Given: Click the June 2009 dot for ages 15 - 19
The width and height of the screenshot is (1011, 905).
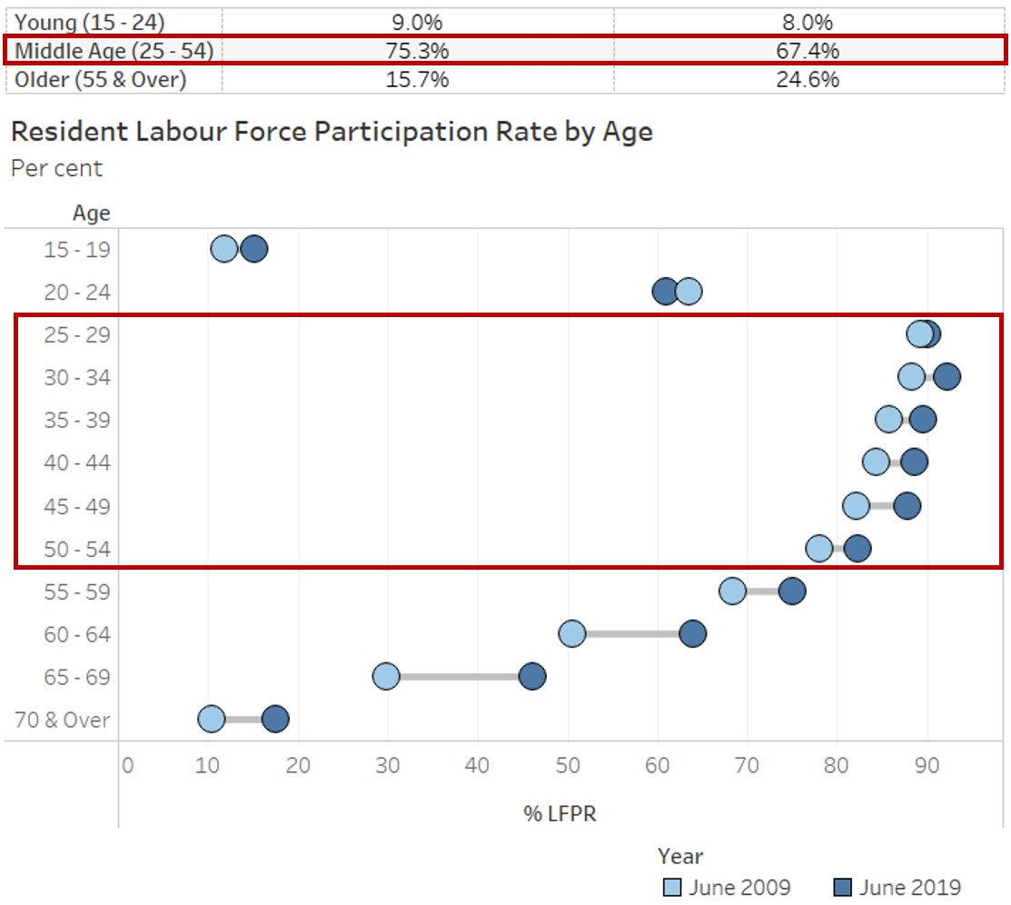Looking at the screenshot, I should [224, 249].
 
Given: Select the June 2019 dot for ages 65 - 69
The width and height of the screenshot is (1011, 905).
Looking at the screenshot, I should [532, 676].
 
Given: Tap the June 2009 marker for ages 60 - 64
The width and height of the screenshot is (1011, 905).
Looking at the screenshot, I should [572, 633].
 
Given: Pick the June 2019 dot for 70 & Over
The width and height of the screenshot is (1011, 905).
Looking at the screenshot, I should [275, 720].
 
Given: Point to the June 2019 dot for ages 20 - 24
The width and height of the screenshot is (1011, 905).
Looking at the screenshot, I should [666, 292].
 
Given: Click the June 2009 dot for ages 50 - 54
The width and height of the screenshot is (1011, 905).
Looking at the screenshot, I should [819, 548].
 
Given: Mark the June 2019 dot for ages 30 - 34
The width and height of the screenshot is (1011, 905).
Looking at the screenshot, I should [947, 377].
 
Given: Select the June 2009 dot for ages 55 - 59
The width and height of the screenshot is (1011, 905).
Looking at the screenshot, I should [733, 591].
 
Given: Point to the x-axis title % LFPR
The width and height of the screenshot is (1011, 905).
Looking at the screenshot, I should [560, 813].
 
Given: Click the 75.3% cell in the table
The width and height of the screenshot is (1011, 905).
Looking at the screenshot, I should [417, 51].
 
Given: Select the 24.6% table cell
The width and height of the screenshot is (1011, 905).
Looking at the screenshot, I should [808, 79].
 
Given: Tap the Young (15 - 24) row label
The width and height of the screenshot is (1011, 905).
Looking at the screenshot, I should [89, 22].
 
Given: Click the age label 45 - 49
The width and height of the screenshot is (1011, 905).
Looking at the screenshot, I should [77, 506].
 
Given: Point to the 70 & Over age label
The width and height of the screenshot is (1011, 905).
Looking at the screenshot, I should [63, 721].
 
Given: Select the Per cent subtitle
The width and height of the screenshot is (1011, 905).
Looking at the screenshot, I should [56, 168].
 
